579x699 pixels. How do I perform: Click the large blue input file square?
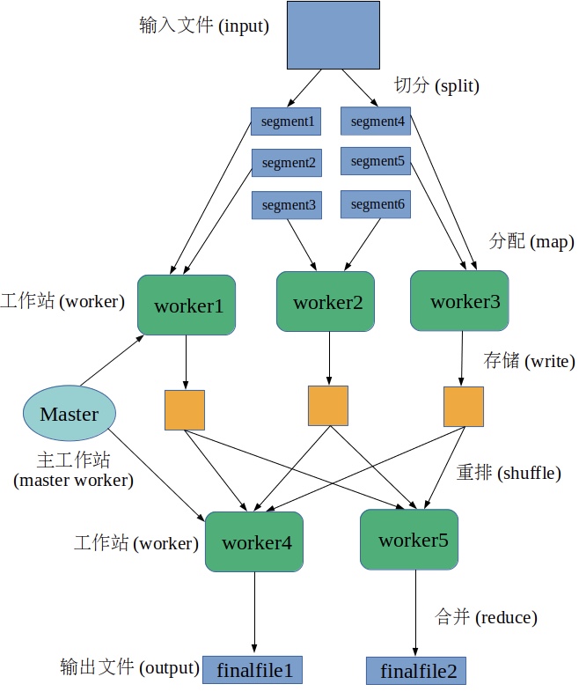tap(333, 34)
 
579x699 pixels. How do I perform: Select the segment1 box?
tap(286, 121)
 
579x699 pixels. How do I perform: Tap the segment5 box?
tap(377, 162)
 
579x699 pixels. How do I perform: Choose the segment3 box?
tap(287, 205)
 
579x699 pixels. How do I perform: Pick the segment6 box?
tap(377, 205)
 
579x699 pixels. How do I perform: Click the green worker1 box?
tap(187, 305)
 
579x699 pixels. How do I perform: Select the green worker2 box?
tap(327, 301)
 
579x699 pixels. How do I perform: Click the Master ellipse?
tap(70, 414)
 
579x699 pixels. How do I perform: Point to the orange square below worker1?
tap(185, 410)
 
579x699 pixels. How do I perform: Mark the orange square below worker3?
tap(463, 407)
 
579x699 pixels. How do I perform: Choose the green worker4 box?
tap(255, 542)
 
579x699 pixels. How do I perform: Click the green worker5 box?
tap(409, 540)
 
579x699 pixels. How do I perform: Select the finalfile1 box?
tap(253, 671)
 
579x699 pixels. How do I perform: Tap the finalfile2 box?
tap(416, 671)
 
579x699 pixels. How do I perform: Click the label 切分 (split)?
tap(436, 86)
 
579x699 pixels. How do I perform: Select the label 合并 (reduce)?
tap(486, 617)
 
